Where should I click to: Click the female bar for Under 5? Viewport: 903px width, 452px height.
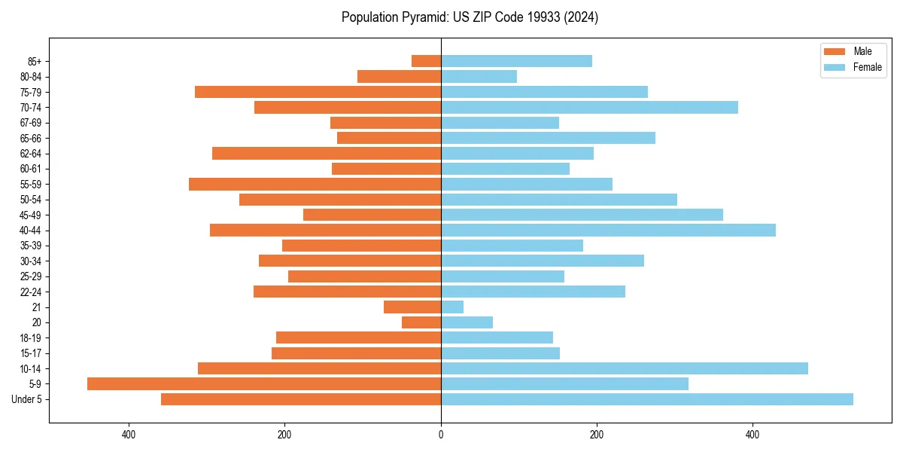click(x=647, y=399)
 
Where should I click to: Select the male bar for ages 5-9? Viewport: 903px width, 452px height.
click(x=264, y=383)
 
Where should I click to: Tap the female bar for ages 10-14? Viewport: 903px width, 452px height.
click(x=625, y=368)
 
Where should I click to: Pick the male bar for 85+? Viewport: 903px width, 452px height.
click(x=426, y=61)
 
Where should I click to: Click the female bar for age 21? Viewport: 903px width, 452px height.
click(x=452, y=307)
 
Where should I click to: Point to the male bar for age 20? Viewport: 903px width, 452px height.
click(x=421, y=322)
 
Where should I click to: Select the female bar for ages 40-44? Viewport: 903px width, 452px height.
click(x=608, y=230)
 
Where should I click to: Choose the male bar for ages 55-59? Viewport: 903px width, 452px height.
click(x=315, y=184)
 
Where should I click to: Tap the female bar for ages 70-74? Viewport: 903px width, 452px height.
click(x=589, y=107)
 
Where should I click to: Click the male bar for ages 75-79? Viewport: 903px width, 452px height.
click(x=318, y=92)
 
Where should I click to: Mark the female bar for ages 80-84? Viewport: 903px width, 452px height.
click(x=479, y=76)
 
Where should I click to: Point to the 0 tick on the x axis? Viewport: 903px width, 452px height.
click(x=441, y=435)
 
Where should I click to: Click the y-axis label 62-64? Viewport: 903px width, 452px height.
click(x=31, y=154)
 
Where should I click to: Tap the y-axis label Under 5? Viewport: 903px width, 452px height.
click(x=27, y=399)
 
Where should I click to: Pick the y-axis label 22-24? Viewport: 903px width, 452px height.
click(x=31, y=292)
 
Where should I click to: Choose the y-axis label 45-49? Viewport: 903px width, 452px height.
click(x=31, y=215)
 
